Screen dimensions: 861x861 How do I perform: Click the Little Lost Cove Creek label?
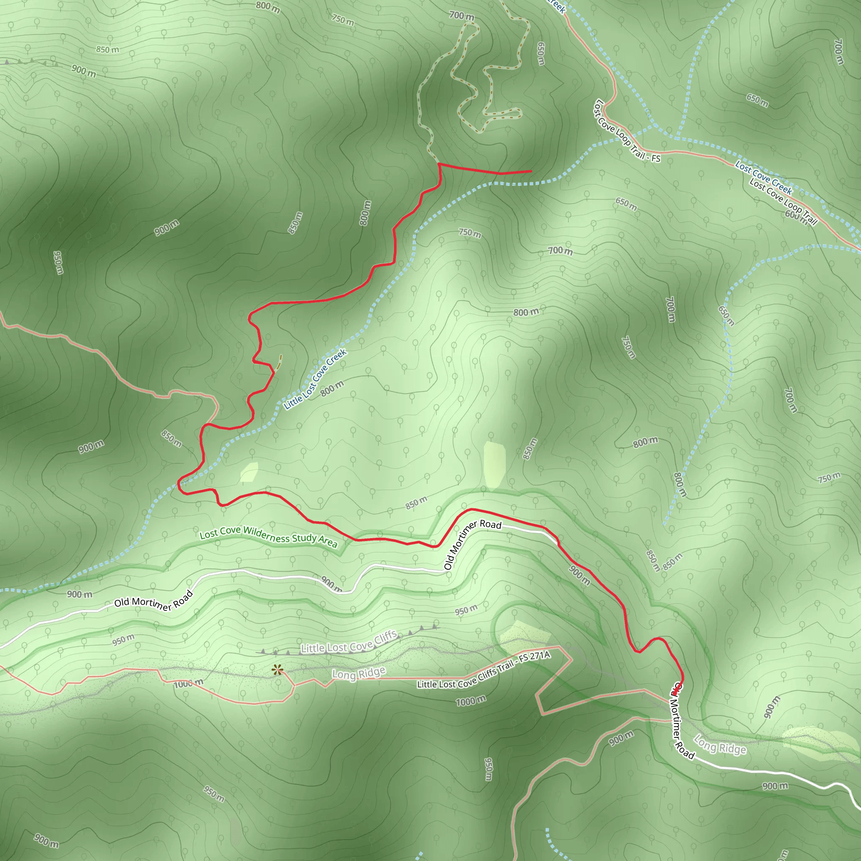pyautogui.click(x=315, y=379)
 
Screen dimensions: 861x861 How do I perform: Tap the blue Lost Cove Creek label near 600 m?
pyautogui.click(x=763, y=178)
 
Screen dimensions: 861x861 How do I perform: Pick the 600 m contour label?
pyautogui.click(x=795, y=217)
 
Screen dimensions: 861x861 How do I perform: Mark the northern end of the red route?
pyautogui.click(x=530, y=171)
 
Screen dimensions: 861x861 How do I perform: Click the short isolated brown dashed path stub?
pyautogui.click(x=279, y=362)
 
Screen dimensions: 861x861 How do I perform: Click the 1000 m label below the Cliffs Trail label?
pyautogui.click(x=470, y=701)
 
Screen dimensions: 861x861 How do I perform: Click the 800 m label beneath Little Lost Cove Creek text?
pyautogui.click(x=332, y=388)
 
